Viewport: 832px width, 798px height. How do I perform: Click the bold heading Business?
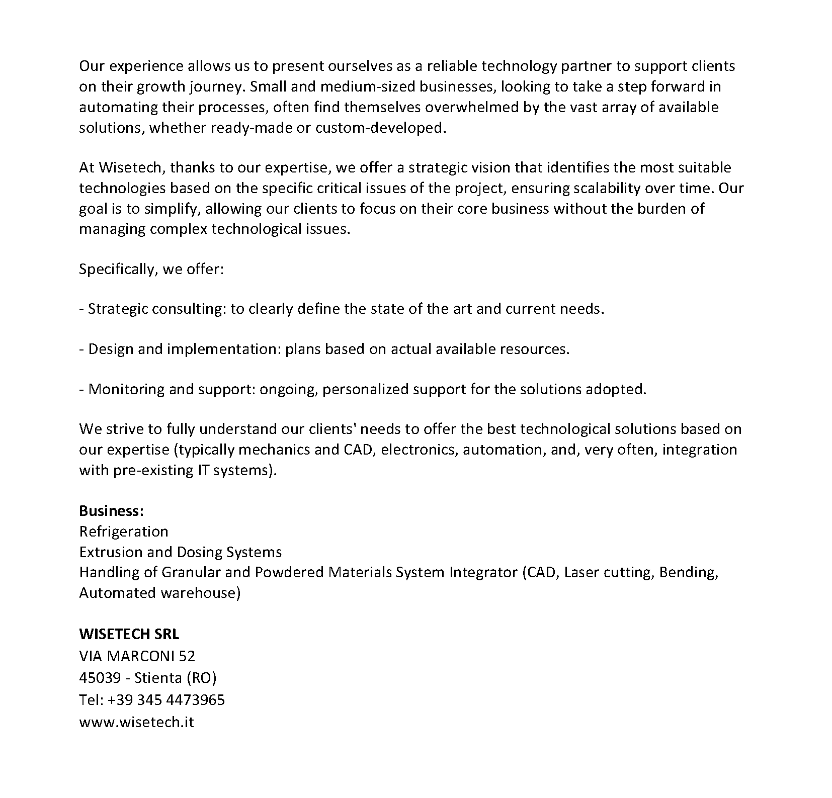tap(112, 511)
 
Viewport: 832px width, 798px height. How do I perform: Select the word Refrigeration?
tap(124, 531)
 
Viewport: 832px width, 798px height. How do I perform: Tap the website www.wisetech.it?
tap(136, 722)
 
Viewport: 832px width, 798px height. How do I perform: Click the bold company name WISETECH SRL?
tap(129, 634)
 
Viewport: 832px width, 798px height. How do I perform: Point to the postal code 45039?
tap(100, 678)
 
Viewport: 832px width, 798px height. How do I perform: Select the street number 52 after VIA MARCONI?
tap(187, 656)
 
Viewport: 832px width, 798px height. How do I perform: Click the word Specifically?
tap(118, 269)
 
